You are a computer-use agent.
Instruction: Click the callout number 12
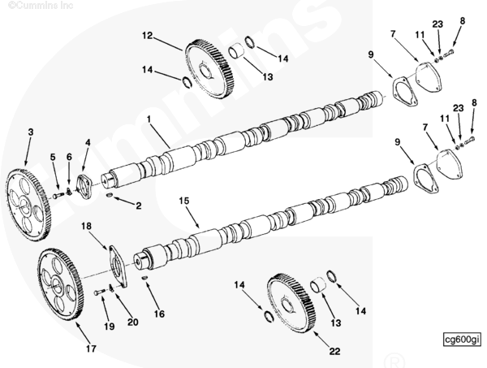[x=148, y=36]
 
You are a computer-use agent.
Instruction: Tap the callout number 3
[x=31, y=132]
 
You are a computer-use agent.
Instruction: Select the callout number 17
[x=91, y=349]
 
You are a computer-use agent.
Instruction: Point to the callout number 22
[x=334, y=352]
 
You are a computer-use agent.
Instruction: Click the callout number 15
[x=184, y=201]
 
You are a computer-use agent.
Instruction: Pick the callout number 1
[x=149, y=119]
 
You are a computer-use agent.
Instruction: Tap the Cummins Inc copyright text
[x=41, y=5]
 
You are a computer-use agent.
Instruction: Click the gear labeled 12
[x=210, y=69]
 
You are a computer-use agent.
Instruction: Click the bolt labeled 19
[x=100, y=292]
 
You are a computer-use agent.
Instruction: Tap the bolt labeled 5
[x=58, y=195]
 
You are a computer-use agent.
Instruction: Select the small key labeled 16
[x=144, y=278]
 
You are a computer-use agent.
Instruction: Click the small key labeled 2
[x=110, y=195]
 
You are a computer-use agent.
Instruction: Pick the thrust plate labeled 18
[x=119, y=266]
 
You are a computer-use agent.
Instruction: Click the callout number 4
[x=88, y=143]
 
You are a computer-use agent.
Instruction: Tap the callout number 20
[x=132, y=323]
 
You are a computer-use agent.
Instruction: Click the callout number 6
[x=69, y=157]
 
